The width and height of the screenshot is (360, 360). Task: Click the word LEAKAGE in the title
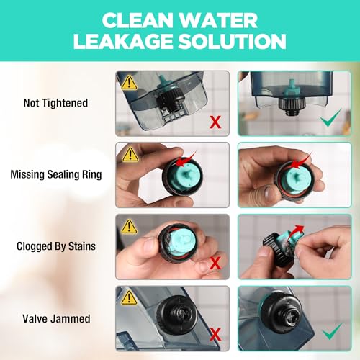coord(123,41)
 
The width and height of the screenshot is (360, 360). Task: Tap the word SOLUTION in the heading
coord(232,41)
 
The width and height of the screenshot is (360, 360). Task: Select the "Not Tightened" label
coord(55,103)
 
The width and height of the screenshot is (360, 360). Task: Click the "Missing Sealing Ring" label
coord(56,174)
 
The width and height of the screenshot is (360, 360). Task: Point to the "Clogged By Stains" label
coord(56,246)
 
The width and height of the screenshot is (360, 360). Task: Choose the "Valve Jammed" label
coord(56,319)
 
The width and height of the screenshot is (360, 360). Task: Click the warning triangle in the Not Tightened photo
coord(129,83)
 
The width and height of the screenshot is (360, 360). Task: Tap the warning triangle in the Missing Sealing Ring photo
coord(130,154)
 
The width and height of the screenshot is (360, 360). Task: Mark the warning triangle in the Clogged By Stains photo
coord(129,226)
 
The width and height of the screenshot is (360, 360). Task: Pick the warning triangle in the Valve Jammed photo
coord(130,297)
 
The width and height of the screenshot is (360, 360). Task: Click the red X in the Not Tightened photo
coord(215,122)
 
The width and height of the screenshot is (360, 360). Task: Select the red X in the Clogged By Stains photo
coord(215,263)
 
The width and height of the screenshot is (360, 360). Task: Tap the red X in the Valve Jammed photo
coord(215,334)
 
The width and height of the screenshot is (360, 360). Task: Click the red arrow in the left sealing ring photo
coord(185,161)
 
